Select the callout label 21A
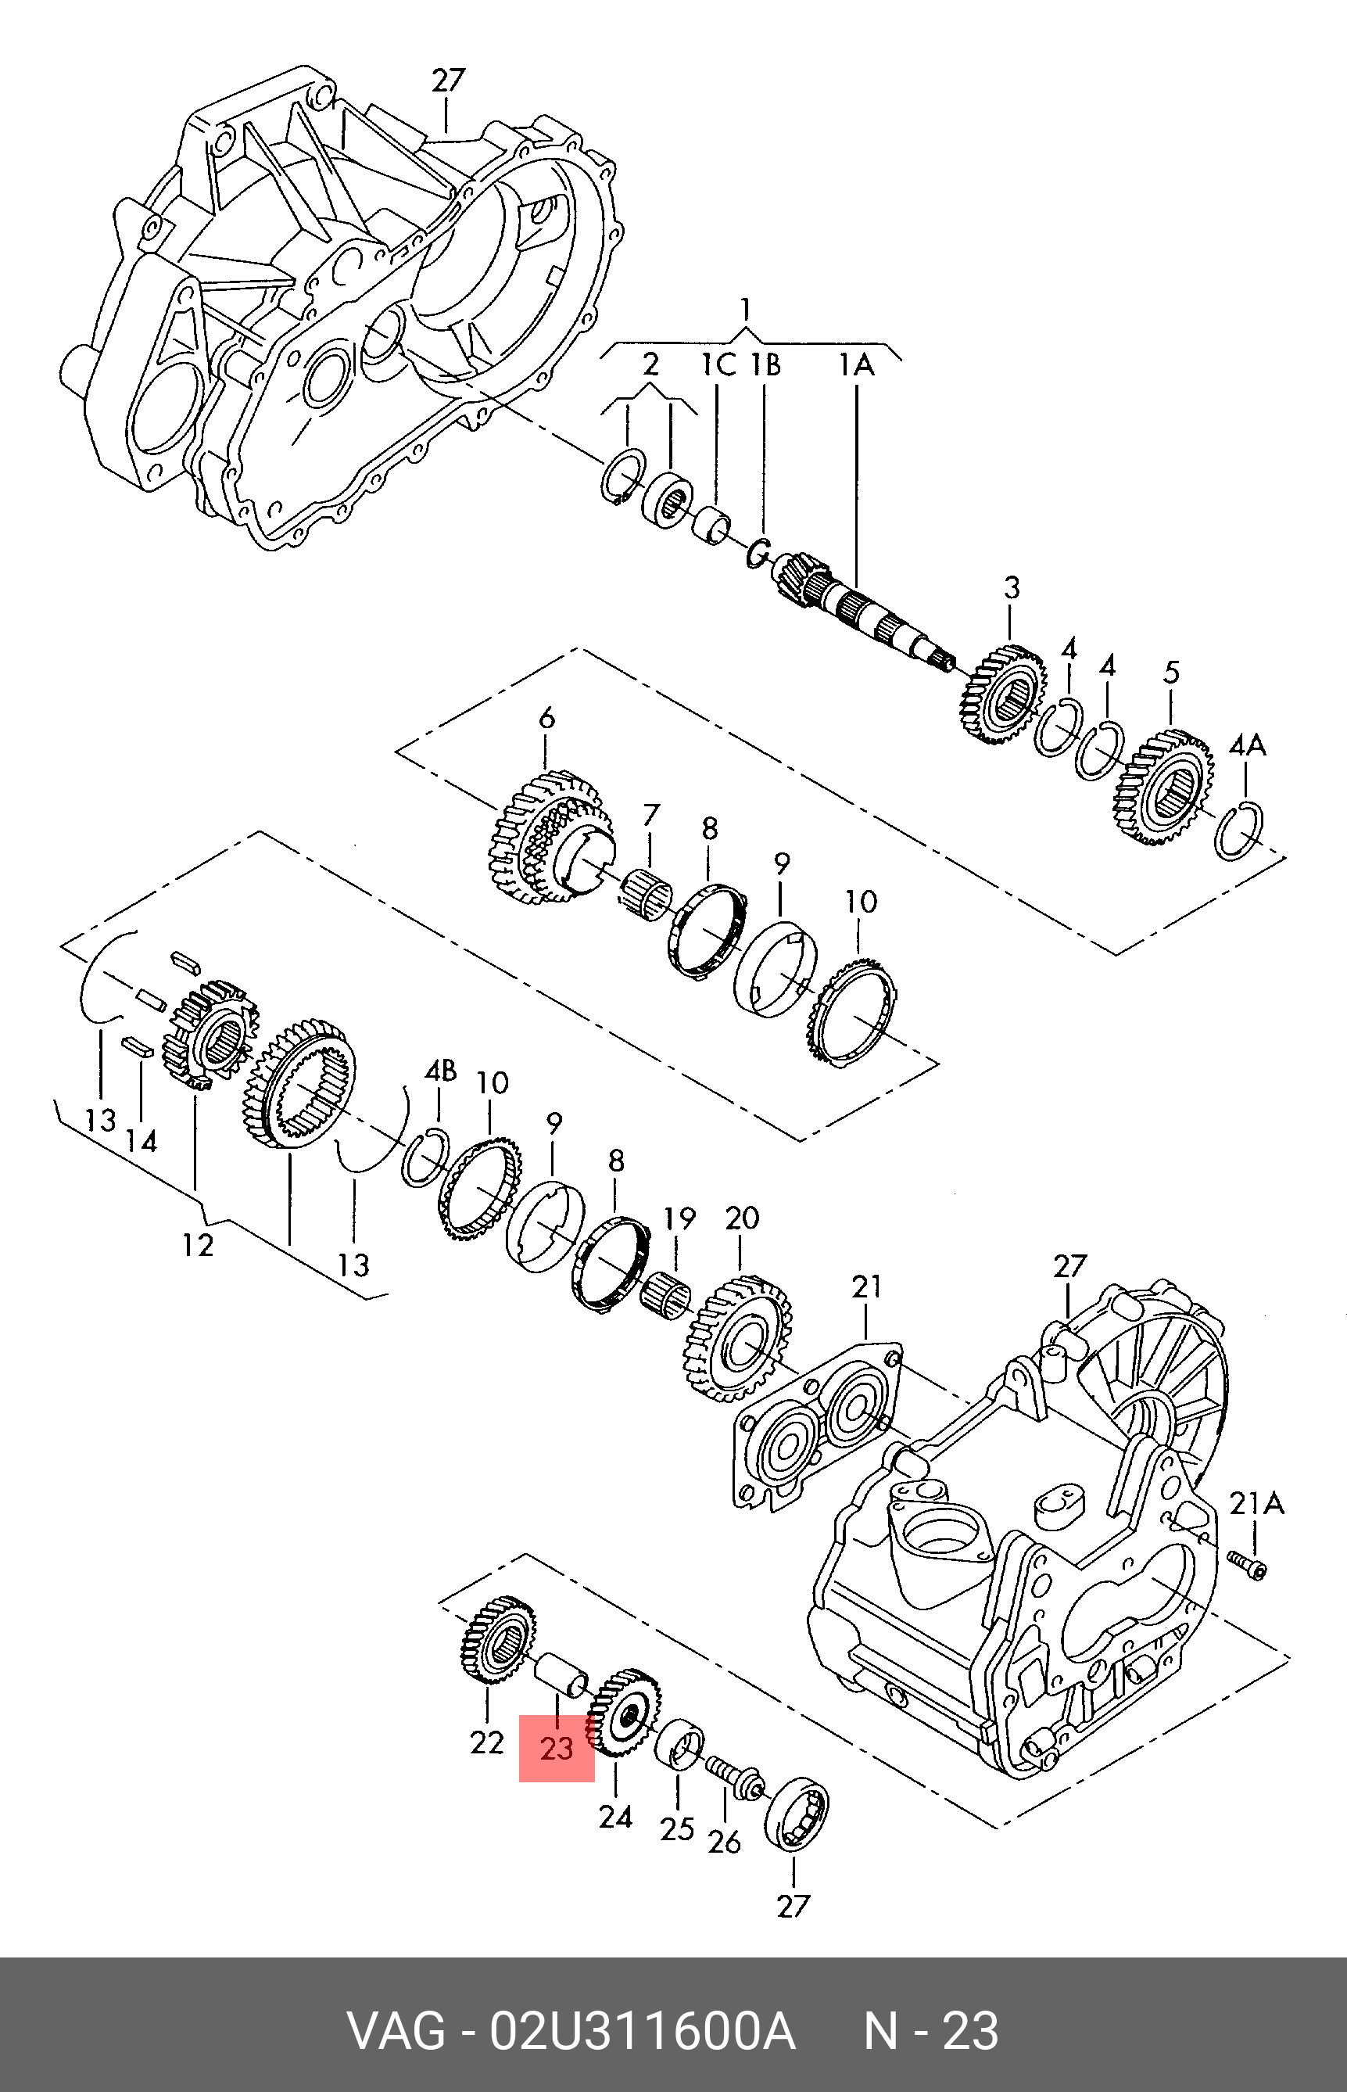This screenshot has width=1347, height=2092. pos(1256,1503)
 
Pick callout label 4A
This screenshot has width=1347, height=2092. pos(1247,745)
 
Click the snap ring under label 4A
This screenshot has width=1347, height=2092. pos(1239,831)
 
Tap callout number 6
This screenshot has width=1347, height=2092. pos(546,719)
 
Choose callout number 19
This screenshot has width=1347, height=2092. pos(679,1218)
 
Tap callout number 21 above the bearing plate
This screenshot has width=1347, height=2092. pos(866,1286)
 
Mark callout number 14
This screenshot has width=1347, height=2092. pos(142,1141)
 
